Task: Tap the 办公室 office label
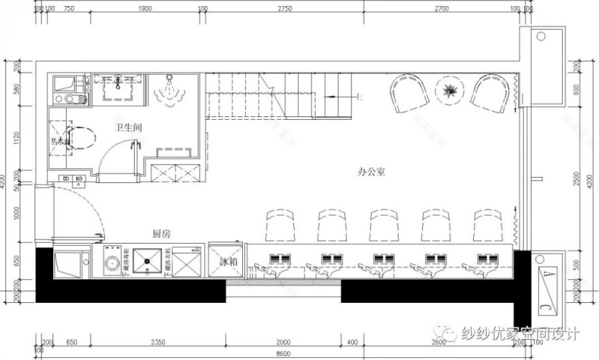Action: [x=372, y=172]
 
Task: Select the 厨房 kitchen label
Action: [x=161, y=233]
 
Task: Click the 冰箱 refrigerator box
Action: [x=227, y=261]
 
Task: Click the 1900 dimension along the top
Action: [x=144, y=9]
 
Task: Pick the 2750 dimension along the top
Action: [x=284, y=9]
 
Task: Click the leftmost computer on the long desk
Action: [x=278, y=259]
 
